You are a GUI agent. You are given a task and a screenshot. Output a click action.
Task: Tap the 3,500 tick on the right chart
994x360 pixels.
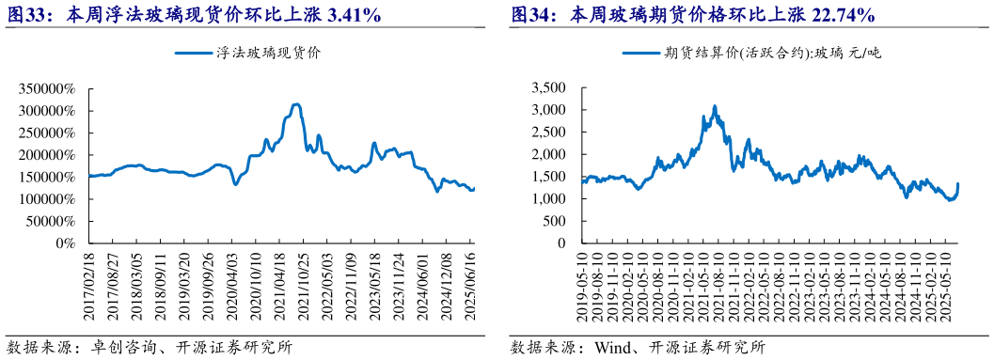[547, 88]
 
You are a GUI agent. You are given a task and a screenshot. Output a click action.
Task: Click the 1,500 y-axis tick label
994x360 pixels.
[547, 177]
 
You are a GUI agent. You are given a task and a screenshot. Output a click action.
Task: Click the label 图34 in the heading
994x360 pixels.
[531, 14]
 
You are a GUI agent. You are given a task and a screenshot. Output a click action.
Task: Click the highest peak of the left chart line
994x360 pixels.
[297, 104]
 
